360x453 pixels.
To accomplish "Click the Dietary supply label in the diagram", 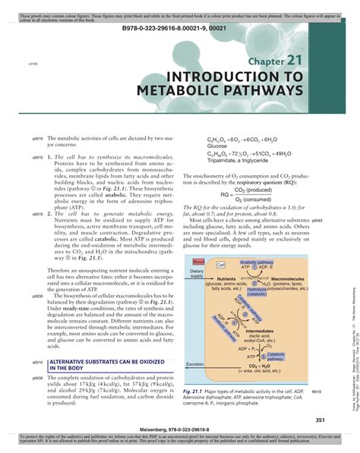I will click(x=197, y=273).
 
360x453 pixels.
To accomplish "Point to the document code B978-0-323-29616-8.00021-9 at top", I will click(x=180, y=25).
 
